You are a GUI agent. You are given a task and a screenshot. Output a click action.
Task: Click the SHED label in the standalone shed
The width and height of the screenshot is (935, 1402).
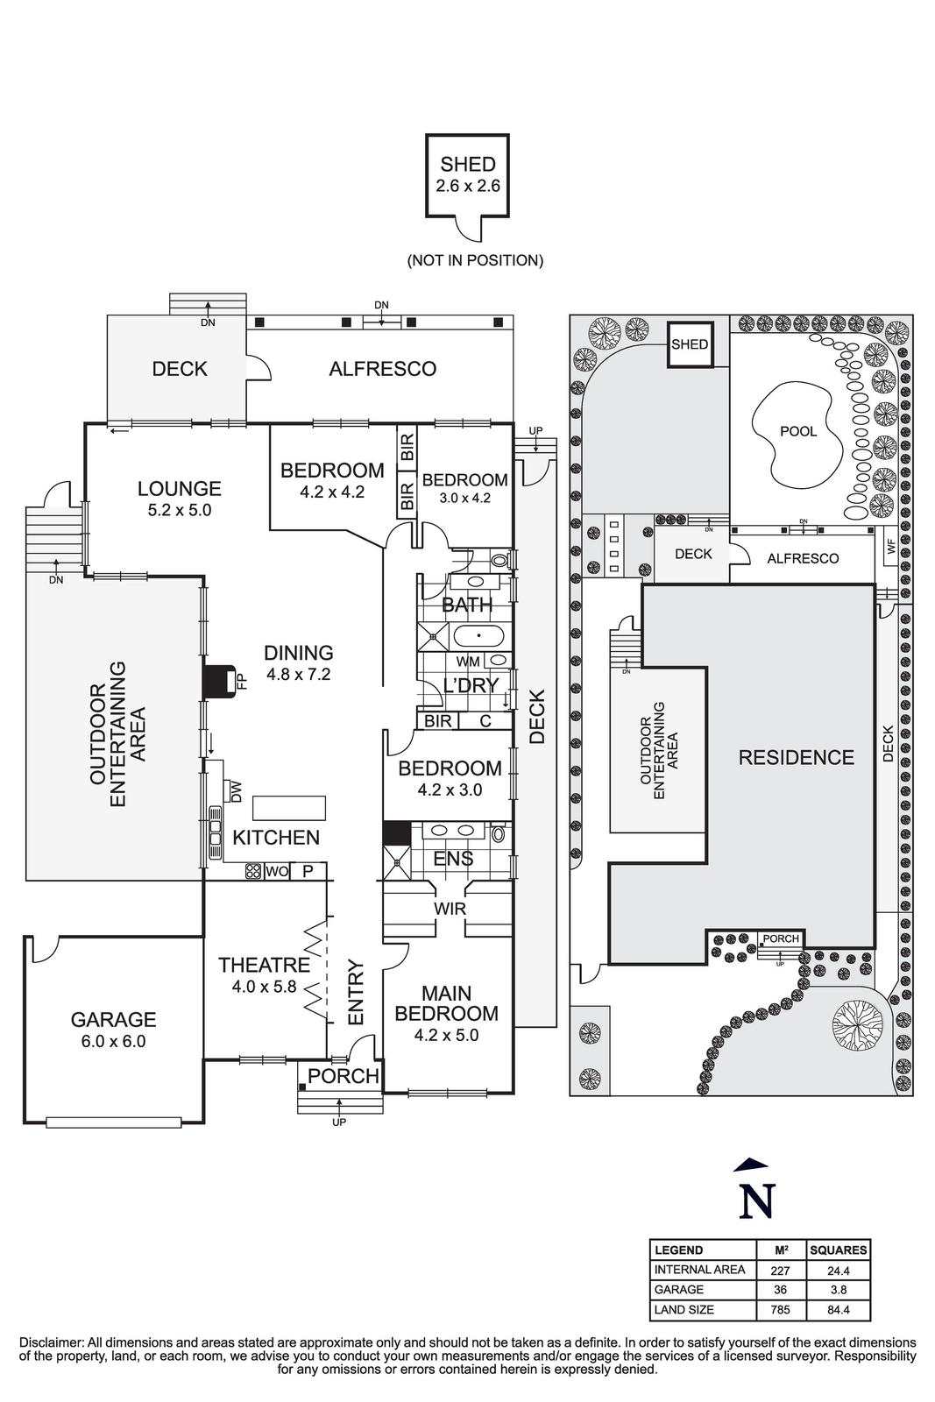coord(467,164)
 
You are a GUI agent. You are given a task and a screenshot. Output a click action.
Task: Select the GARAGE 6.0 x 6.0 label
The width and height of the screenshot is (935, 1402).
coord(113,1020)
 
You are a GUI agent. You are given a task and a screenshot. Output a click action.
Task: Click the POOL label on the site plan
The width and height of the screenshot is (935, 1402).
coord(797,431)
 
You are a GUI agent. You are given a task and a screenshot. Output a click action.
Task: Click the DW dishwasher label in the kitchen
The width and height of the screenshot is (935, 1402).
coord(236,791)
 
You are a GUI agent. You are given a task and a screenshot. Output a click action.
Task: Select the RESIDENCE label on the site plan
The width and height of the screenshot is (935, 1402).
coord(796,757)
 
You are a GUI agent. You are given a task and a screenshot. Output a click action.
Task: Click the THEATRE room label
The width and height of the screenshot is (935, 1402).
coord(264,965)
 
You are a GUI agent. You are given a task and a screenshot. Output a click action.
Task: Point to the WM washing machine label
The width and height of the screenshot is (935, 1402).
coord(468,662)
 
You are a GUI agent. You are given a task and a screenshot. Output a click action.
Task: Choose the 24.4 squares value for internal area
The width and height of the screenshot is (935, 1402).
coord(839,1269)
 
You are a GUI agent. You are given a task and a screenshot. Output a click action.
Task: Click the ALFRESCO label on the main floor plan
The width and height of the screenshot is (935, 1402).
coord(382,369)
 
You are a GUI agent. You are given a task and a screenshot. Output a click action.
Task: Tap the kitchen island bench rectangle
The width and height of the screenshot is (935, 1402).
coord(289,806)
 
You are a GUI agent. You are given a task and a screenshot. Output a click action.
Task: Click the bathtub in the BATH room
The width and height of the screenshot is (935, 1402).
coord(477,635)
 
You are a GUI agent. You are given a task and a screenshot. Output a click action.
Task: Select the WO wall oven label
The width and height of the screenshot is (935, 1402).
coord(277,871)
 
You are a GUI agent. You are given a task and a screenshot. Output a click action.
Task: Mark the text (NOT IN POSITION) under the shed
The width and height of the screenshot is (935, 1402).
coord(475,260)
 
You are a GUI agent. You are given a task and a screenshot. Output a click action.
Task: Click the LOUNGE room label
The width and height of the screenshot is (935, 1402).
coord(179,489)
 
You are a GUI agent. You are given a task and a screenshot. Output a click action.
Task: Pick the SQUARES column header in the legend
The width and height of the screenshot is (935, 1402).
coord(839,1250)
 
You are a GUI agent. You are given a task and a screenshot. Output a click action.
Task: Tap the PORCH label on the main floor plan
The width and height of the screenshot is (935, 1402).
coord(344,1076)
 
